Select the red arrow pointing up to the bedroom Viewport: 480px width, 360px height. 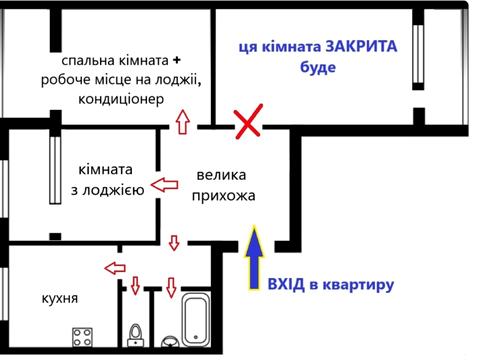pos(182,121)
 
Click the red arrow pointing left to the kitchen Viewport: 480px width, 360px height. pos(116,268)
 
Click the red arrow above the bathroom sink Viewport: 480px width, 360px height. pos(171,287)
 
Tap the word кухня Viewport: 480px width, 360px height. pos(60,299)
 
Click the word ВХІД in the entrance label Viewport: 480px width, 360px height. pos(286,285)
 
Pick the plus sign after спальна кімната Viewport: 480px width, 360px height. pos(190,57)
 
